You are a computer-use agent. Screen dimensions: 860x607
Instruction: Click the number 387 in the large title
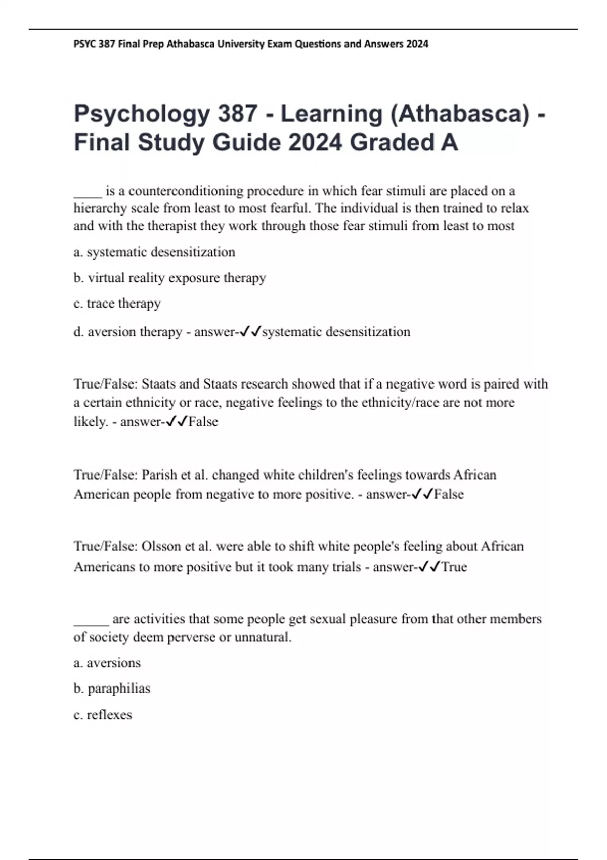click(237, 113)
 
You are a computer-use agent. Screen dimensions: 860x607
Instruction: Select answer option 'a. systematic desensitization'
click(154, 252)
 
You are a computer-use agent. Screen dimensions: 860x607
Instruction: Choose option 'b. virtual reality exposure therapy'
click(169, 278)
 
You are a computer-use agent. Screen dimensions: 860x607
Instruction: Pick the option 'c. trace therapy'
click(117, 303)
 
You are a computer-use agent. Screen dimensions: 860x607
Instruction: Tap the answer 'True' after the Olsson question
click(454, 567)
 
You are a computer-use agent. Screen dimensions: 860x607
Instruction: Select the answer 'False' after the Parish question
click(449, 494)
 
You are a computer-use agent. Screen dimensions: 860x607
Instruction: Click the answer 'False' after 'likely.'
click(203, 422)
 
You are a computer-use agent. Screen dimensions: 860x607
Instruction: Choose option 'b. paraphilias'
click(112, 689)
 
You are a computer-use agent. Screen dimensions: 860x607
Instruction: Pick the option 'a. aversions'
click(107, 663)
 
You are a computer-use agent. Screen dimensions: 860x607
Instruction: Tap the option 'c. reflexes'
click(103, 715)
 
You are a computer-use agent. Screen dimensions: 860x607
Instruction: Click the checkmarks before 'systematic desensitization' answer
click(250, 332)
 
